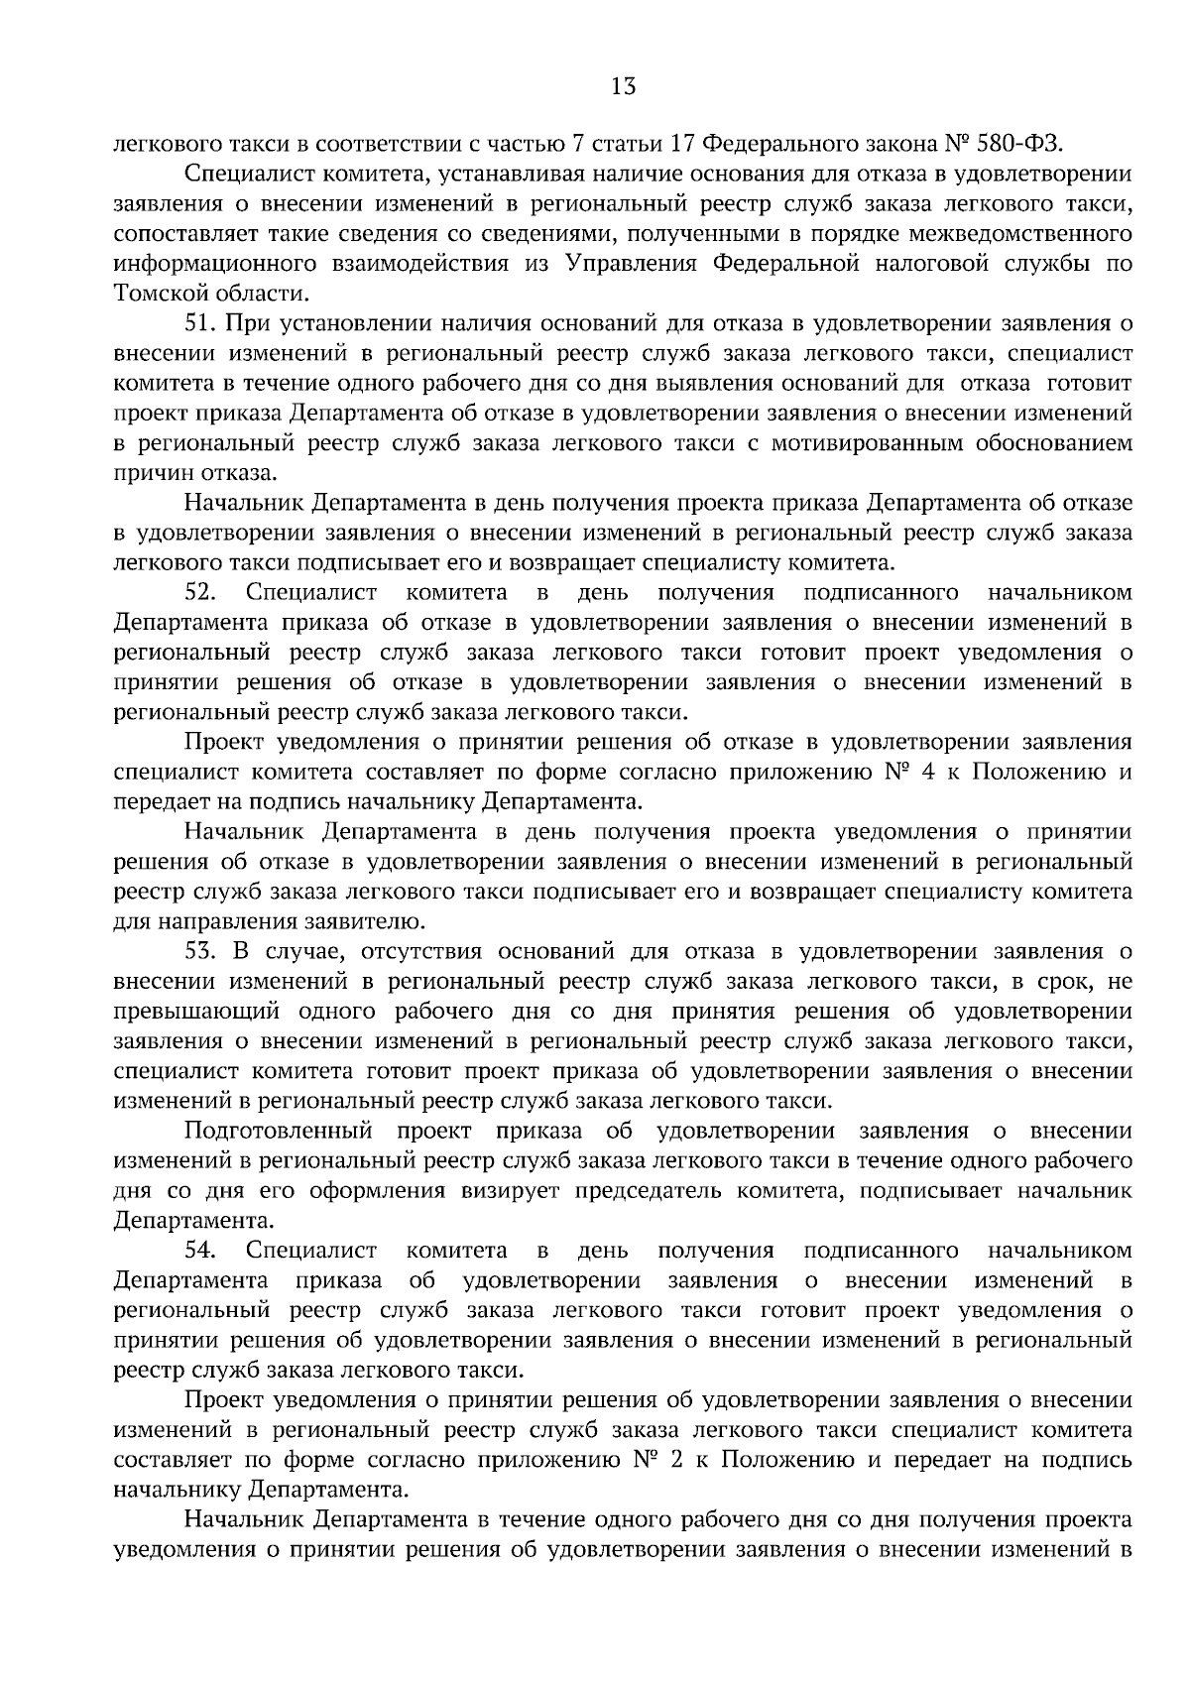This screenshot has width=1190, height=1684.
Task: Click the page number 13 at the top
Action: click(623, 86)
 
